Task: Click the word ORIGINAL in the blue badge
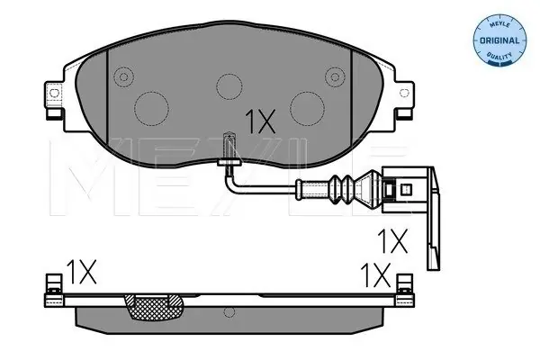pos(499,40)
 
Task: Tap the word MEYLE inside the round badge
pos(499,24)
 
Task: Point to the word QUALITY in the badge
pos(499,55)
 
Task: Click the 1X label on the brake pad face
pos(260,121)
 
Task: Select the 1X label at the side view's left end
pos(81,272)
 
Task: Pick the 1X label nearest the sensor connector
pos(392,241)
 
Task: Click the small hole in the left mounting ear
pos(54,93)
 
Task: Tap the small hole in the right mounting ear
pos(403,93)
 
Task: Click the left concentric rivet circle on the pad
pos(124,76)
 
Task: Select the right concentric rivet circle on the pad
pos(335,76)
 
